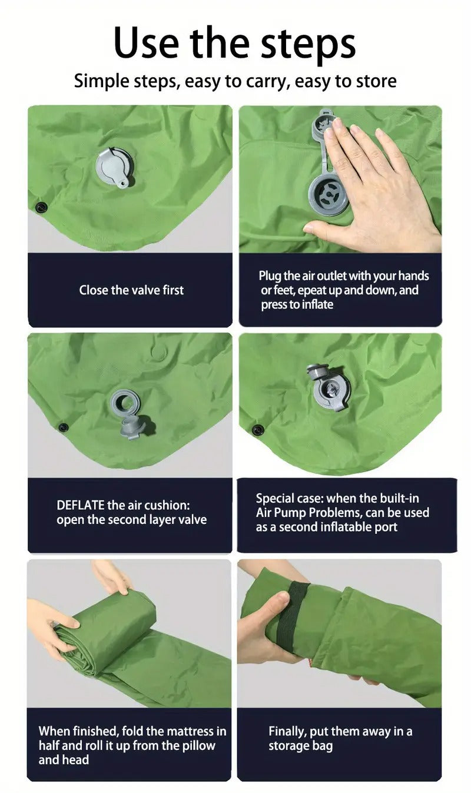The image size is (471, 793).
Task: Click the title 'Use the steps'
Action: point(234,42)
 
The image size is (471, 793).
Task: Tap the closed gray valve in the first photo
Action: point(114,167)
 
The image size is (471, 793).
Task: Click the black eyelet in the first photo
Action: point(41,207)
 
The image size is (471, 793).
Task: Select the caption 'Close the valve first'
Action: point(131,290)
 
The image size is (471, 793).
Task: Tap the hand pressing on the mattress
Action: point(377,183)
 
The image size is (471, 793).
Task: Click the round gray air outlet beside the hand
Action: point(328,194)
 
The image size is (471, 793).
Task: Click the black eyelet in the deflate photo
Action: point(63,427)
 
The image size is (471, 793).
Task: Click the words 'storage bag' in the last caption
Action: point(301,746)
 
